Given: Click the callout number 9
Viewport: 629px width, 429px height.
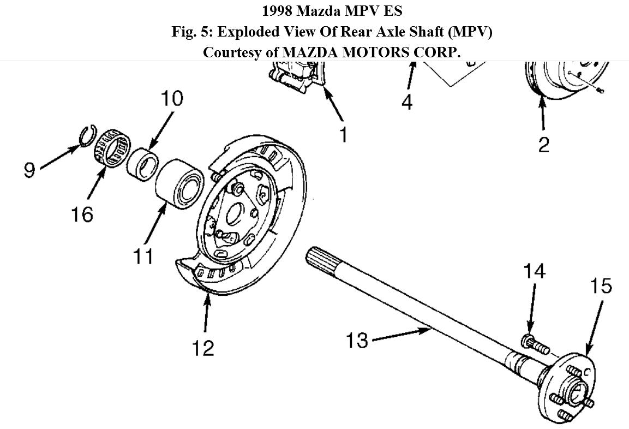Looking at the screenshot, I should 29,170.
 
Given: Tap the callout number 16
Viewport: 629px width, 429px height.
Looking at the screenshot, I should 81,214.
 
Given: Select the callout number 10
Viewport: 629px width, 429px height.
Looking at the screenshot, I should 171,99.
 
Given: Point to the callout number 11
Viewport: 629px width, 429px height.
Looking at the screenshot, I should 143,256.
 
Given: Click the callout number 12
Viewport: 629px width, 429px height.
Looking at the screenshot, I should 202,348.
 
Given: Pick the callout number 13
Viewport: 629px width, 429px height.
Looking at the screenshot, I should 357,340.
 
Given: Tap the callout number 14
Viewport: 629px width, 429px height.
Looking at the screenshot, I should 534,271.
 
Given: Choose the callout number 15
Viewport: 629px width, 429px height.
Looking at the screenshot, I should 601,286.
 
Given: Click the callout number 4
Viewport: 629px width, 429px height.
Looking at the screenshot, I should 407,102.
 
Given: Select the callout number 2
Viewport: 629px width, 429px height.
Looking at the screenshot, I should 543,145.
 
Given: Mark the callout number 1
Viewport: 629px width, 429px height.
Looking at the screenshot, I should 343,134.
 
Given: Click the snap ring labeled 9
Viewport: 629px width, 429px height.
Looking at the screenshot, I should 85,136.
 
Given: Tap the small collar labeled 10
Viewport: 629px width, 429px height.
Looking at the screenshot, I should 142,161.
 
